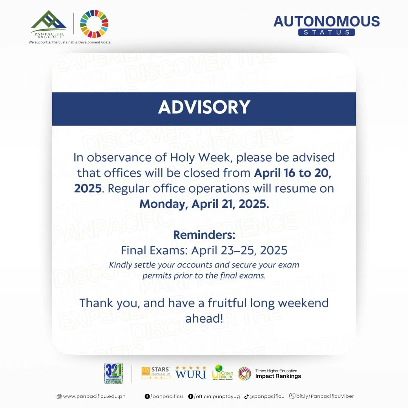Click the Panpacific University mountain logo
click(48, 23)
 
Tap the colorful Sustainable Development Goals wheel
click(94, 24)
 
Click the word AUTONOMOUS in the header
click(326, 21)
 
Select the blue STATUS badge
click(326, 32)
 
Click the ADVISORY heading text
click(204, 107)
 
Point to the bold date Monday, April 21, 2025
click(204, 204)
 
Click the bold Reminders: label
click(204, 235)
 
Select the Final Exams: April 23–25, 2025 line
click(204, 250)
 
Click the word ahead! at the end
click(204, 318)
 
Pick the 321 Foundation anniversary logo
click(113, 373)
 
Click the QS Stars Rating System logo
click(156, 373)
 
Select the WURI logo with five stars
click(191, 373)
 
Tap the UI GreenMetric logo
click(223, 373)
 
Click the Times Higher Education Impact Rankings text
click(278, 374)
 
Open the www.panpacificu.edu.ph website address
click(94, 396)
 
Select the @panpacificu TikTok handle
click(267, 396)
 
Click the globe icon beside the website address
click(59, 397)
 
